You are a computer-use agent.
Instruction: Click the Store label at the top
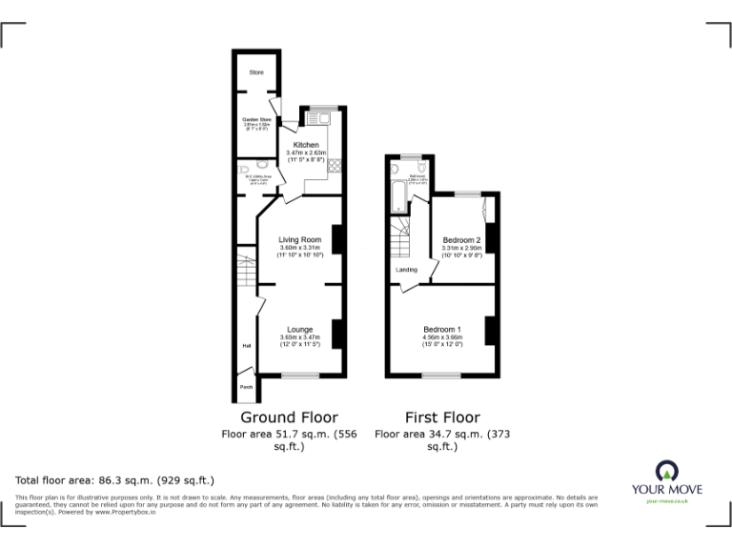coord(255,72)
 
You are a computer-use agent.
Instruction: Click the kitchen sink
coord(321,119)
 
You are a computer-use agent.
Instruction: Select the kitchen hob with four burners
coord(335,166)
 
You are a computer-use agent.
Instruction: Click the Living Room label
coord(300,239)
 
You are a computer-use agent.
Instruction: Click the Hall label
coord(246,346)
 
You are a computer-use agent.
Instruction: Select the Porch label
coord(246,387)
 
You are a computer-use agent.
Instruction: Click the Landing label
coord(406,269)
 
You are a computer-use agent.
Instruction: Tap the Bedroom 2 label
coord(461,239)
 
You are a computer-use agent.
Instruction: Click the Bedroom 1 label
coord(442,330)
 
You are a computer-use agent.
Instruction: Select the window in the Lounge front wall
coord(300,376)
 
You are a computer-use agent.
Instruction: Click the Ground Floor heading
coord(289,417)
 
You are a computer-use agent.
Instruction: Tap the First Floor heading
coord(442,417)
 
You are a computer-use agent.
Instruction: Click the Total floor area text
coord(115,480)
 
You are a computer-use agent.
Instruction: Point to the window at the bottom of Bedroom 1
coord(441,376)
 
